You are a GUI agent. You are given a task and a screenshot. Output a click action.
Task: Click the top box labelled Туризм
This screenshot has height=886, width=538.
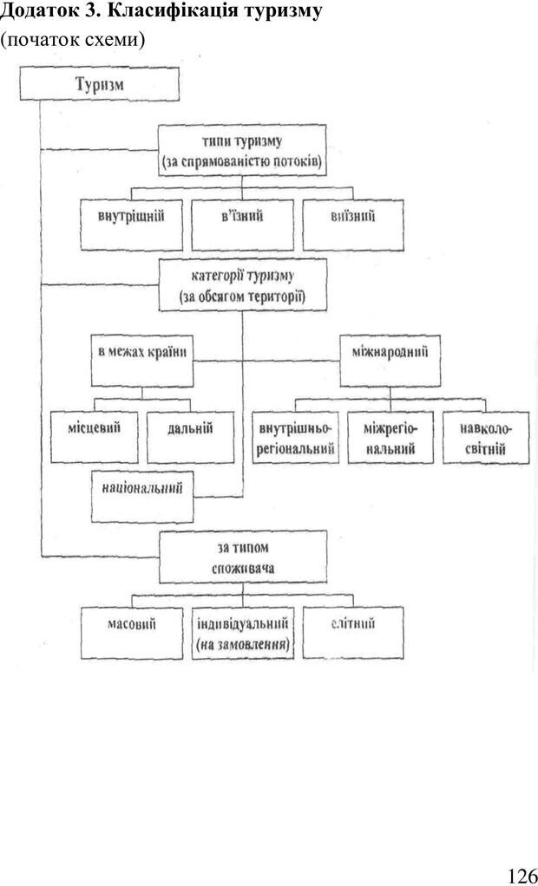click(100, 86)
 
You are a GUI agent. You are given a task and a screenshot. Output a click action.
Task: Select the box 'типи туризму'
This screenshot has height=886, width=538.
click(241, 151)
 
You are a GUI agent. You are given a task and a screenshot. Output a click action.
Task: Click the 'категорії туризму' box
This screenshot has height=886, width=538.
click(242, 287)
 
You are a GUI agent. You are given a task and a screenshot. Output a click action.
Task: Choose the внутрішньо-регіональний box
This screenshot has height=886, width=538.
click(296, 438)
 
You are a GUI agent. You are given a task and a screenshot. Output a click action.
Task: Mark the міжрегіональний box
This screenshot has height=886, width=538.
click(390, 438)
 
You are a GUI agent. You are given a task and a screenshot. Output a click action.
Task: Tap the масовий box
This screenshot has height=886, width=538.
click(132, 633)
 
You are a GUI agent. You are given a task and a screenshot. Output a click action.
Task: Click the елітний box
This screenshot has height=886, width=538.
click(353, 633)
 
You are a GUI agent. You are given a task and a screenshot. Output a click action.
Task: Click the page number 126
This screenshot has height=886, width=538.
click(522, 875)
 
